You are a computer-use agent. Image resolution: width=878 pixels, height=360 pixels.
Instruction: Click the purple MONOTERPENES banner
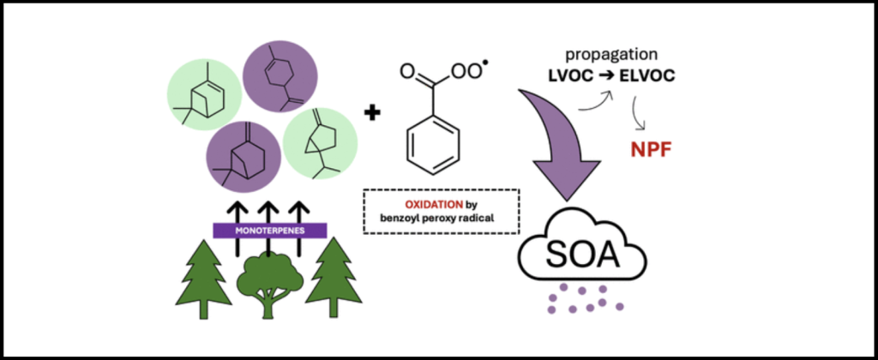click(269, 230)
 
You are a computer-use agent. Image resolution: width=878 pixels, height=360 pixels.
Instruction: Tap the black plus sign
click(372, 112)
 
